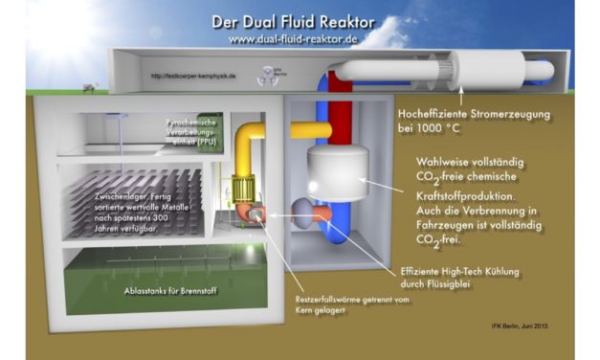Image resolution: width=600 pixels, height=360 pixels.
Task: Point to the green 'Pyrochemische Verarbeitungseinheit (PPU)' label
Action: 196,135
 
